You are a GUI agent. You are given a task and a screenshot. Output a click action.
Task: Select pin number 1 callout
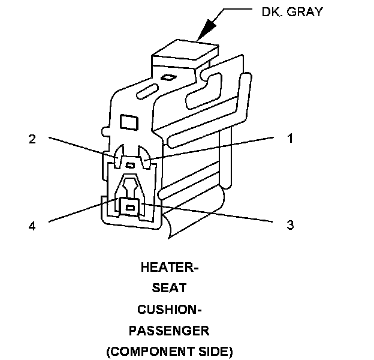point(289,139)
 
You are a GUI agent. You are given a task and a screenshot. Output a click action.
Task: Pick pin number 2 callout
point(32,139)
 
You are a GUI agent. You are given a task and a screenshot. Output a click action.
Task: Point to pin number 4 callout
point(32,226)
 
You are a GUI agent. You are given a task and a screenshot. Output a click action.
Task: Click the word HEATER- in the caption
point(169,268)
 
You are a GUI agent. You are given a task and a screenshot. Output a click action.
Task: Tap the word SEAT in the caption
point(169,289)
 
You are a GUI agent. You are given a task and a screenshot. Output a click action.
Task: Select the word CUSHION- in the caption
point(169,310)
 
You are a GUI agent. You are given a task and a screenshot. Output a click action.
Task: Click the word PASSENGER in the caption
point(169,331)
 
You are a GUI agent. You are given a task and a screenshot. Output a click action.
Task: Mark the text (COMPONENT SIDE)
point(169,351)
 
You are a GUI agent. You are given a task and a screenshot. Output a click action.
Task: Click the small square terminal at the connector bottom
point(129,208)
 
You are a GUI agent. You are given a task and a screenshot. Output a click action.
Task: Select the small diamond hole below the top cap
point(170,77)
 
